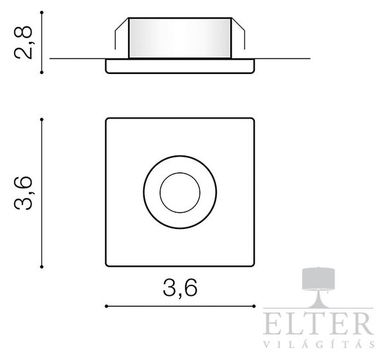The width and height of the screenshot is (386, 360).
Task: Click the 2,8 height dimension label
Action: (23, 42)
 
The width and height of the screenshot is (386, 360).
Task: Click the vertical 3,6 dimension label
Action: (23, 193)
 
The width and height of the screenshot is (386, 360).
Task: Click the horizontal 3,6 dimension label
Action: (180, 288)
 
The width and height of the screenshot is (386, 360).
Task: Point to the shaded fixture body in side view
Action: (180, 38)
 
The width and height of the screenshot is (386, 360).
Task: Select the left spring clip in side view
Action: (122, 33)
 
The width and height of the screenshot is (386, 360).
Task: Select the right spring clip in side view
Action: (238, 33)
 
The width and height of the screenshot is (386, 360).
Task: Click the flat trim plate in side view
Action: (180, 66)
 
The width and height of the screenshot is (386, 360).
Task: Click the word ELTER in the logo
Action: (318, 323)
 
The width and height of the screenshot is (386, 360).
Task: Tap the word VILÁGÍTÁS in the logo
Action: (319, 344)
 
